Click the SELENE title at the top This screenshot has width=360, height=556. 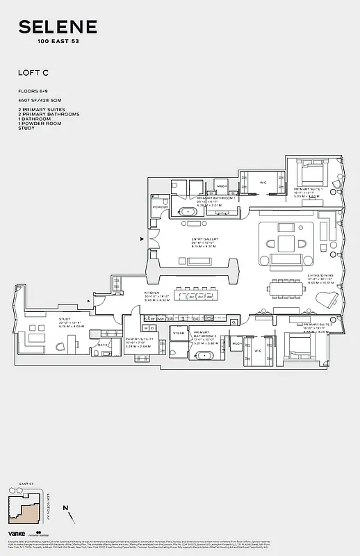[x=58, y=28]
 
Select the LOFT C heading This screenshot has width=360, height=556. [x=33, y=72]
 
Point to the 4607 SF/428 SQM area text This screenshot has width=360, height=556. [x=39, y=101]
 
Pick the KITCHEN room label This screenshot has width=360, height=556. [x=153, y=294]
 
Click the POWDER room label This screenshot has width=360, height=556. [x=160, y=207]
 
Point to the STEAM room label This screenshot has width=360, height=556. [x=179, y=334]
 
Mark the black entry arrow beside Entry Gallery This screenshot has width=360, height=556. [x=142, y=239]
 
